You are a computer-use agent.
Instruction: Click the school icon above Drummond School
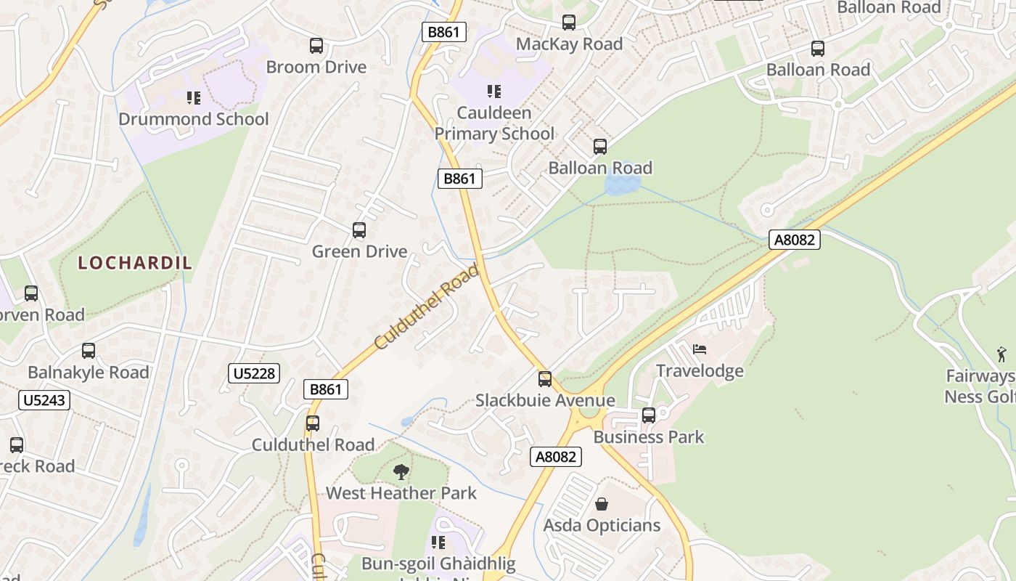pyautogui.click(x=193, y=97)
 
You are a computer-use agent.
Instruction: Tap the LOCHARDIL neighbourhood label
pyautogui.click(x=135, y=263)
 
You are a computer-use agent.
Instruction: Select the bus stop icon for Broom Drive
pyautogui.click(x=316, y=46)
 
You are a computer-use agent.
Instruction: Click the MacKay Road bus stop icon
pyautogui.click(x=569, y=23)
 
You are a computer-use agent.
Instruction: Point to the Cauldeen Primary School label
pyautogui.click(x=494, y=123)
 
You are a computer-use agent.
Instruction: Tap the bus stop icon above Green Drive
pyautogui.click(x=359, y=230)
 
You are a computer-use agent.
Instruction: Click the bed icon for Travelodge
pyautogui.click(x=700, y=349)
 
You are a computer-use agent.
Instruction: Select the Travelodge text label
pyautogui.click(x=700, y=371)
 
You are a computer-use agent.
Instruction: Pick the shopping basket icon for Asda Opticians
pyautogui.click(x=602, y=503)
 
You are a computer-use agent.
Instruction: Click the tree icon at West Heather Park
pyautogui.click(x=401, y=472)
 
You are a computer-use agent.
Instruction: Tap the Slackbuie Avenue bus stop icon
pyautogui.click(x=544, y=379)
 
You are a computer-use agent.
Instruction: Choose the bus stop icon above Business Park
pyautogui.click(x=649, y=415)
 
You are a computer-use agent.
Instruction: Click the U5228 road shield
pyautogui.click(x=253, y=373)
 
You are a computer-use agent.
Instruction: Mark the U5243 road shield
pyautogui.click(x=44, y=400)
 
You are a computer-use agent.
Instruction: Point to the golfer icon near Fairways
pyautogui.click(x=1002, y=354)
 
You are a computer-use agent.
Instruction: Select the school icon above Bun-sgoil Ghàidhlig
pyautogui.click(x=438, y=543)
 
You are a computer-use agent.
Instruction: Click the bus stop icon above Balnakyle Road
pyautogui.click(x=89, y=351)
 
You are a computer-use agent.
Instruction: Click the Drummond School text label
pyautogui.click(x=193, y=119)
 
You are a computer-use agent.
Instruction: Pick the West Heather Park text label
pyautogui.click(x=401, y=493)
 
